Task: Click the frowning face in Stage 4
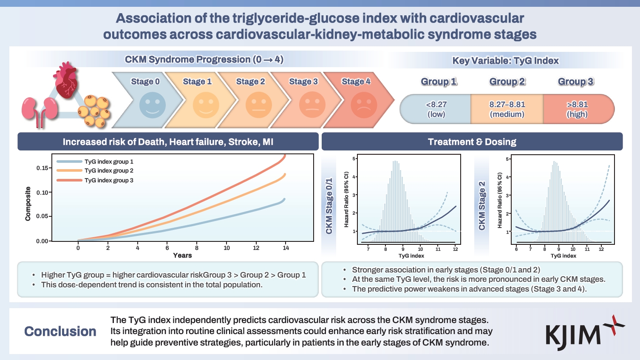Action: tap(364, 105)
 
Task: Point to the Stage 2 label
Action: tap(250, 82)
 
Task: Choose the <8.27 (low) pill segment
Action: tap(436, 109)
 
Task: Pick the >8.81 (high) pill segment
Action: tap(577, 109)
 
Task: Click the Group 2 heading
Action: tap(507, 82)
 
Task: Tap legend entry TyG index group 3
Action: tap(109, 180)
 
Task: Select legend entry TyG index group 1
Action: tap(109, 162)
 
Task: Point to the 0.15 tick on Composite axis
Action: tap(42, 168)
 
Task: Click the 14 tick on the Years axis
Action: tap(286, 248)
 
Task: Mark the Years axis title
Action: tap(182, 255)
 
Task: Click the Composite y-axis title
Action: tap(28, 204)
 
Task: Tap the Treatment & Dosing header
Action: tap(472, 142)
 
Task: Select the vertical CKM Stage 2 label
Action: tap(482, 206)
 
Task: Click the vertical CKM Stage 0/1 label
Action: tap(329, 206)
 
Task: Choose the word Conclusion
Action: tap(60, 332)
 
